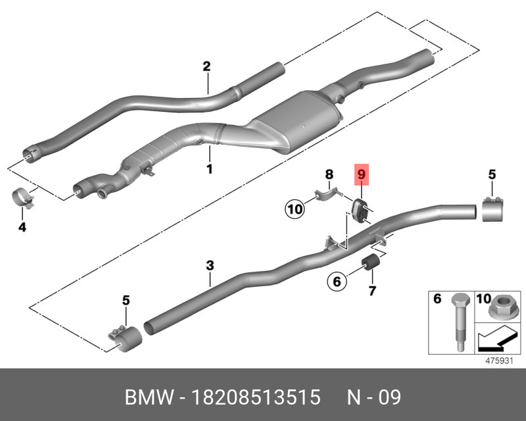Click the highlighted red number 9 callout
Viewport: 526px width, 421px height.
tap(361, 176)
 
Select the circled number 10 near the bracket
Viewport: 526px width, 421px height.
tap(295, 210)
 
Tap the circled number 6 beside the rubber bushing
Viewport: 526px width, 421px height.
tap(336, 282)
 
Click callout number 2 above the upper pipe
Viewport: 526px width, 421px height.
tap(206, 66)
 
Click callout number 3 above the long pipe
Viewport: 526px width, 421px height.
tap(210, 266)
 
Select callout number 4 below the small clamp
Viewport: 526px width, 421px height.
tap(22, 228)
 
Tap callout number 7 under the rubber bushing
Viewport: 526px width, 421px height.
tap(371, 290)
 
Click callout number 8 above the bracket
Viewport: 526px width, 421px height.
tap(330, 174)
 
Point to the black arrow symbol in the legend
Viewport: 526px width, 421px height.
tap(494, 340)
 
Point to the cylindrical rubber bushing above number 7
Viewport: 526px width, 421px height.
tap(371, 266)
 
